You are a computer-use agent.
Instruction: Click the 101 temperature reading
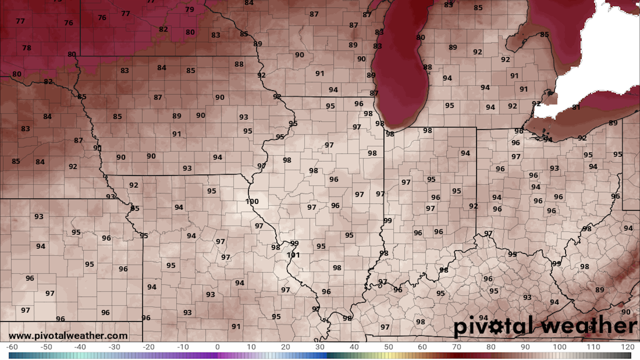click(x=293, y=255)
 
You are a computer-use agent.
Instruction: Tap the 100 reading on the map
click(x=252, y=201)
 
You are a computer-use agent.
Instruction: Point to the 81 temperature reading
click(x=576, y=107)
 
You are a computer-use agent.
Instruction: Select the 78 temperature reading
click(x=27, y=48)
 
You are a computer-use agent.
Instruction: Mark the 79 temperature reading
click(x=190, y=9)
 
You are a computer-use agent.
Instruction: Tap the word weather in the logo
click(x=589, y=325)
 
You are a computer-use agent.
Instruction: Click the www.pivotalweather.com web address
click(x=68, y=336)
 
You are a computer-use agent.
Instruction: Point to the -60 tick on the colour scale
click(x=12, y=347)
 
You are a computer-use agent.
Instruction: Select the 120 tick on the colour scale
click(x=627, y=347)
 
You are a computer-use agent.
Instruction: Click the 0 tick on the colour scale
click(x=217, y=347)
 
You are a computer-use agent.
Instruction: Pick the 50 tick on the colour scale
click(x=388, y=347)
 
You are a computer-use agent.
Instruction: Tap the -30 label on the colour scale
click(x=114, y=347)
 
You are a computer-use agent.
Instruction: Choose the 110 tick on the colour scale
click(x=593, y=347)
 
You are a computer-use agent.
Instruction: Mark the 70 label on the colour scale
click(x=457, y=347)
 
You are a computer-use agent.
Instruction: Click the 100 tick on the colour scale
click(x=559, y=347)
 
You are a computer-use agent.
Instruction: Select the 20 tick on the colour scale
click(x=286, y=347)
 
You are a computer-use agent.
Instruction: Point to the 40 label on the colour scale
click(x=354, y=347)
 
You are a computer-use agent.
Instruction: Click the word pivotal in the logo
click(x=493, y=326)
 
